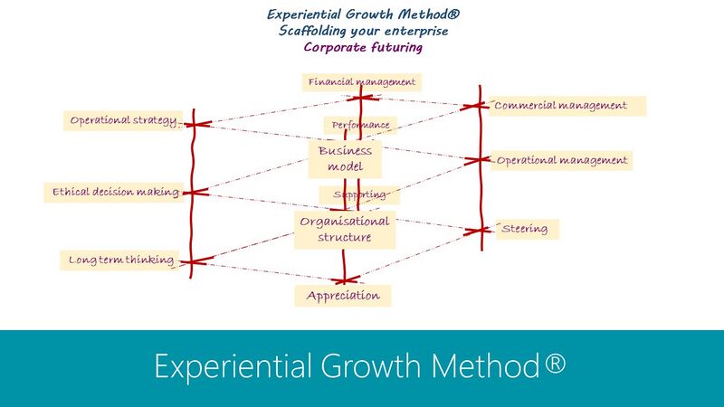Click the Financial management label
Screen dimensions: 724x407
361,82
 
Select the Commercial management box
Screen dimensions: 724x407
567,106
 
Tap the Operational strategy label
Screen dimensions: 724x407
123,120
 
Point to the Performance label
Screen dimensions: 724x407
360,125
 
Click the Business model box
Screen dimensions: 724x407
345,159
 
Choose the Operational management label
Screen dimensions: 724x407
561,161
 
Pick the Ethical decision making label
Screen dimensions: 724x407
114,192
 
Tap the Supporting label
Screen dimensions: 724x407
359,194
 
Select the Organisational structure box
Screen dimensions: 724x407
345,230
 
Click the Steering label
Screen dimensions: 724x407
528,229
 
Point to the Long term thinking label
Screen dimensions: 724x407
120,260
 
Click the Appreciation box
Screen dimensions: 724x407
343,296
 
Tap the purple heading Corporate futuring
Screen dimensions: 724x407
363,47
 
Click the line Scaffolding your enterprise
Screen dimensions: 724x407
364,31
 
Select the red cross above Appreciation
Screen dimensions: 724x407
345,279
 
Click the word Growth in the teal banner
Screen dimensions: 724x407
370,365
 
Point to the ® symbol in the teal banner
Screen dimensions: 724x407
555,363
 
